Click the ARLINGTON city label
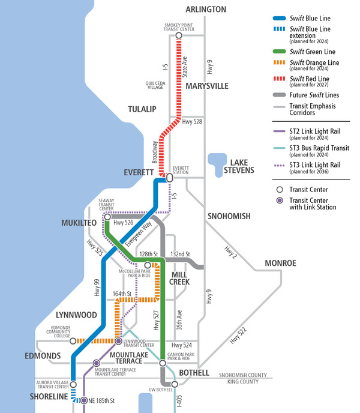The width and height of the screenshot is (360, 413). tap(206, 10)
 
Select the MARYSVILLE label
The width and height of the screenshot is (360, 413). tap(207, 86)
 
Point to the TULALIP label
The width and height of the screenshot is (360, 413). tap(142, 109)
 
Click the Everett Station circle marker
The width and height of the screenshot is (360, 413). tap(169, 178)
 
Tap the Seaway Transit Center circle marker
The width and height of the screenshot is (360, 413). tap(107, 217)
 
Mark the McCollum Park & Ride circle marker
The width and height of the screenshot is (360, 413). tap(148, 265)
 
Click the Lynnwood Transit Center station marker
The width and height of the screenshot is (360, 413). tap(119, 341)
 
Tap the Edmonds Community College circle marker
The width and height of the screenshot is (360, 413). tap(73, 341)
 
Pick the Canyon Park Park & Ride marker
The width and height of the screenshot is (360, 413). tap(163, 363)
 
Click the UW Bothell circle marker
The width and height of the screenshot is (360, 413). tap(175, 384)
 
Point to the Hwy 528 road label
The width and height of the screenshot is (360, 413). tap(193, 121)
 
